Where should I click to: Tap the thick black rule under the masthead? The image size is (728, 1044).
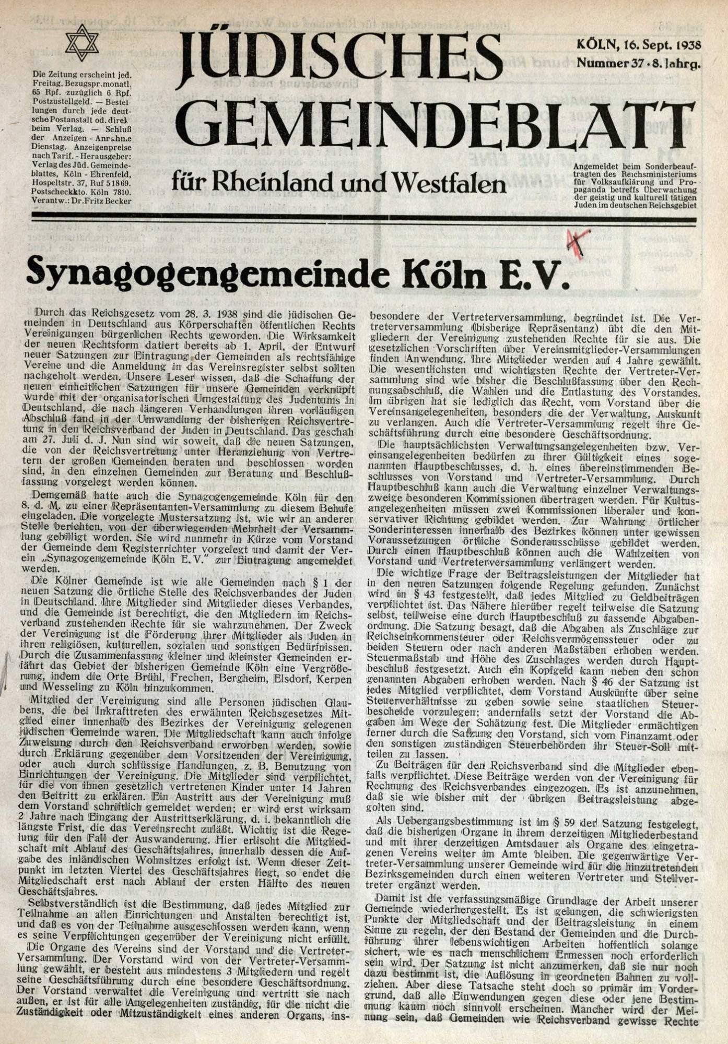(363, 217)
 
